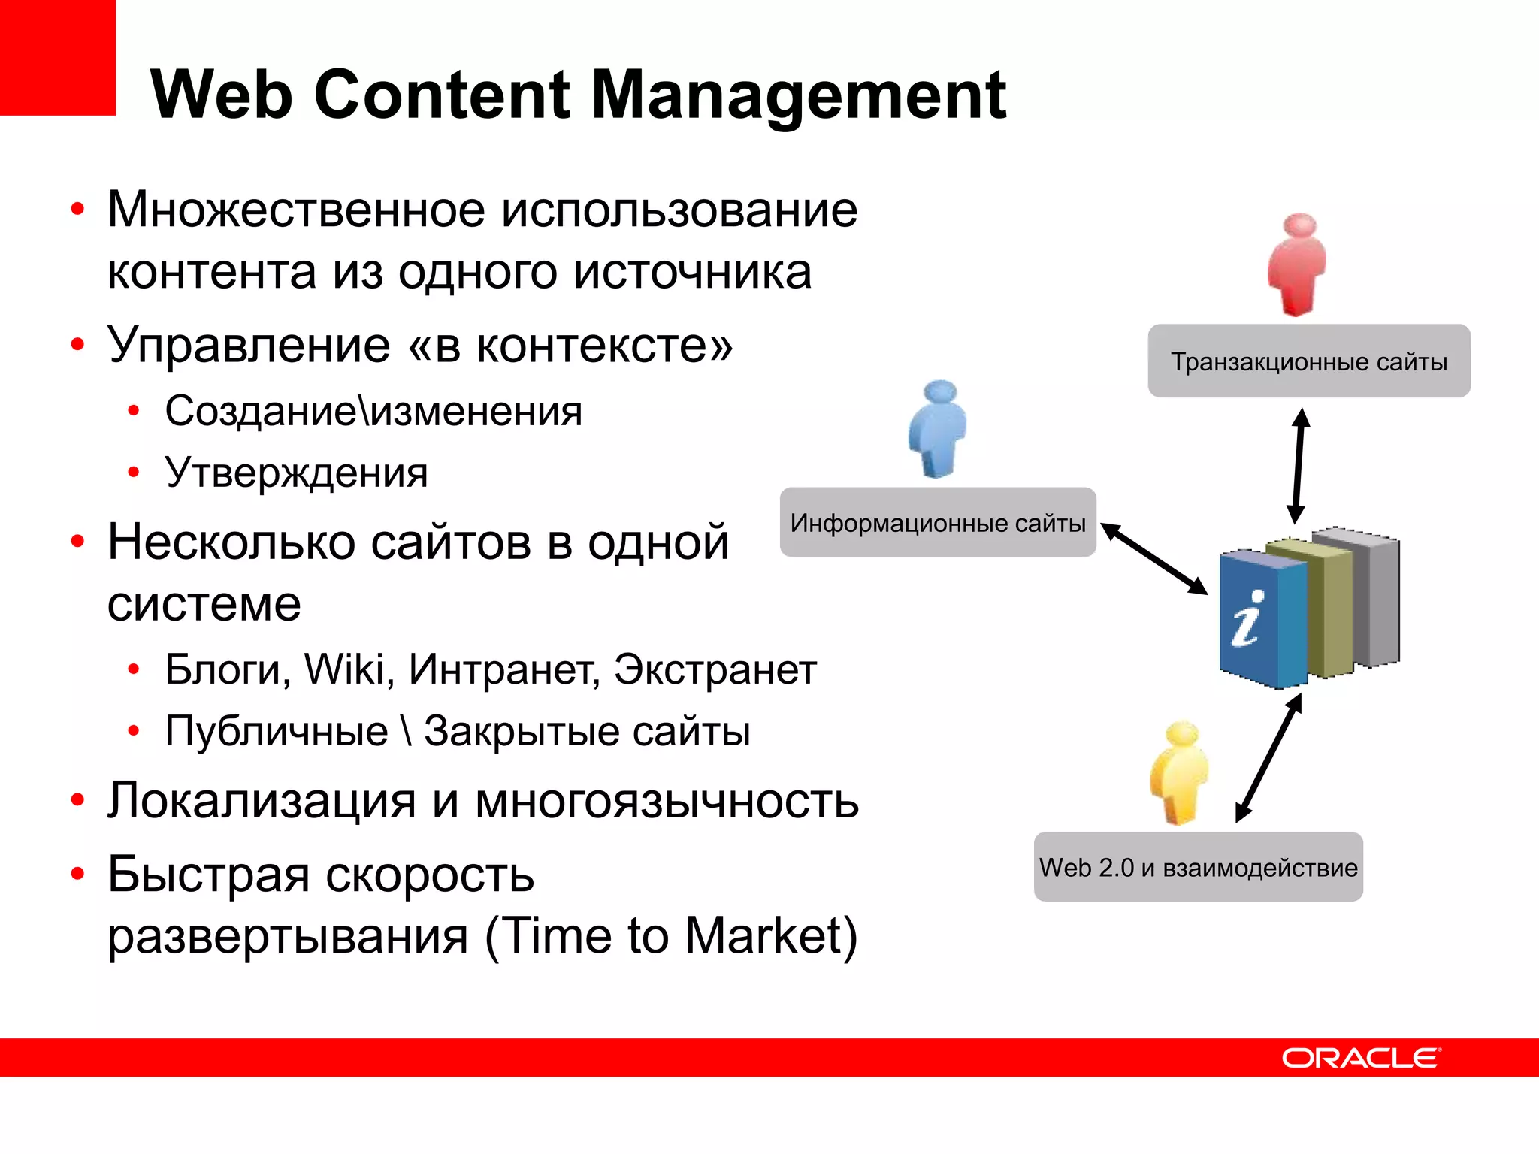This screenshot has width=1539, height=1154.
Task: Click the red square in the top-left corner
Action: [x=57, y=57]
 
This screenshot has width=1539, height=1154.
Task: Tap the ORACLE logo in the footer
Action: [x=1361, y=1058]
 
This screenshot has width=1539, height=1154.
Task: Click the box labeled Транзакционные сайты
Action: [x=1308, y=361]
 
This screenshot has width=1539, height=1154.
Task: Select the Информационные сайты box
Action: [x=937, y=523]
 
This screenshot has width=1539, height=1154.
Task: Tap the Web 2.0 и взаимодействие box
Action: [x=1198, y=868]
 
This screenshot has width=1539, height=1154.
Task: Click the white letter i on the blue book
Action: [x=1247, y=619]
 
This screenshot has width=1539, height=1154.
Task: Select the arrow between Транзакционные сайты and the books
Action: [x=1299, y=466]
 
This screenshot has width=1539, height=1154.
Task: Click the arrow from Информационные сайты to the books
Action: [x=1153, y=559]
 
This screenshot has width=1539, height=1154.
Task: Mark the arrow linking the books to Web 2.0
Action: [x=1268, y=757]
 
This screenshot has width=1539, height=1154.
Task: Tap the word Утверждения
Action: [x=296, y=473]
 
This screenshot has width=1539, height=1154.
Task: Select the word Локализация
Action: [x=261, y=801]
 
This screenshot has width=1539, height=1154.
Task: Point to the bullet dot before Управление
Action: [x=77, y=345]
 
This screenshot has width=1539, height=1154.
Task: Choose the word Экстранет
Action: [x=715, y=669]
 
